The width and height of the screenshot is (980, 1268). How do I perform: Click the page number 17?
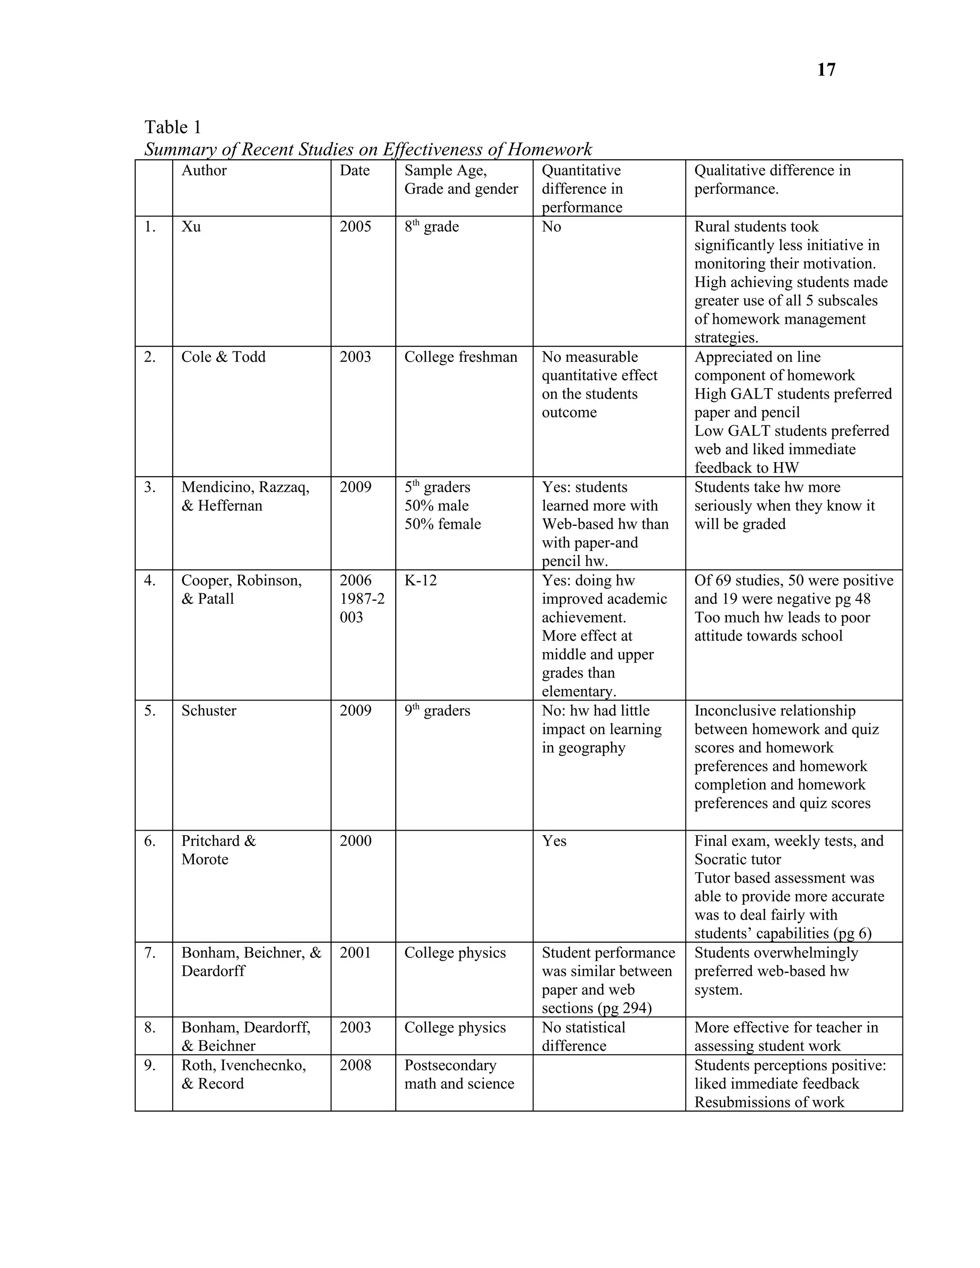[825, 70]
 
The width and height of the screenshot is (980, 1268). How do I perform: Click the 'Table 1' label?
[172, 127]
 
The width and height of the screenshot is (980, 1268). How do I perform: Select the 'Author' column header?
[204, 171]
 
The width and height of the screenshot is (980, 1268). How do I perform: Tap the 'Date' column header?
[354, 171]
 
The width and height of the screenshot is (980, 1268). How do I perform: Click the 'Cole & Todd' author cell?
[223, 357]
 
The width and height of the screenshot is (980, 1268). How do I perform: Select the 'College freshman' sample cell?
[460, 357]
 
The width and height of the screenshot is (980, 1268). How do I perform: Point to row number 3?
[150, 488]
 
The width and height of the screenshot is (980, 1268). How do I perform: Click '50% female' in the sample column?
[443, 524]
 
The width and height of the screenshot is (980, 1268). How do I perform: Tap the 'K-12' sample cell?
[420, 580]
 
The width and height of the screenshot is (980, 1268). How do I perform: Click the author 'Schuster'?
[209, 711]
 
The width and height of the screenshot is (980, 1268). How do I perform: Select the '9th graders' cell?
[437, 711]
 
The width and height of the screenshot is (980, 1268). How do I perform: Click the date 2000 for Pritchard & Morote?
[356, 841]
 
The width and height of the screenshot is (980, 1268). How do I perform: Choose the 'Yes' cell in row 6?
[554, 841]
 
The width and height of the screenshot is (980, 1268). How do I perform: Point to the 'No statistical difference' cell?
[583, 1036]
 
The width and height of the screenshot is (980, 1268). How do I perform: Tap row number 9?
[150, 1066]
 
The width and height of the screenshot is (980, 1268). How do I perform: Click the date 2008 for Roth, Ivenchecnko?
[356, 1066]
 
